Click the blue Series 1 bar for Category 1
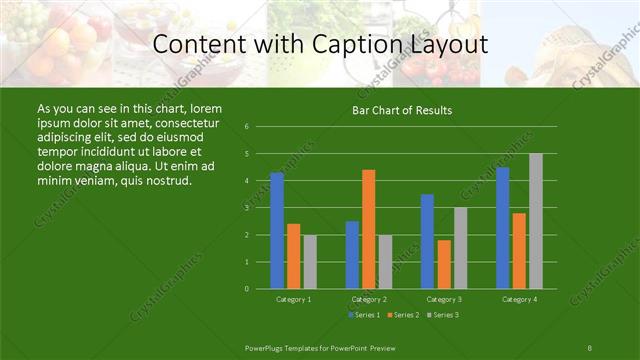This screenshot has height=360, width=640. point(277,230)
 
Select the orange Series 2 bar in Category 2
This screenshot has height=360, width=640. point(369,229)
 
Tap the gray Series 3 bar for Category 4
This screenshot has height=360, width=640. point(536,221)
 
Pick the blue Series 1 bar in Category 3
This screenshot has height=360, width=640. point(427,241)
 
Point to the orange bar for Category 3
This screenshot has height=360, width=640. point(444,264)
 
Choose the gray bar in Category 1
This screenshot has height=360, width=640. point(310,261)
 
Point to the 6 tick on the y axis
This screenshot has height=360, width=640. point(247,127)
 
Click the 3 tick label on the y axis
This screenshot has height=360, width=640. point(247,208)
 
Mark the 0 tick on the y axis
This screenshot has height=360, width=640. point(247,289)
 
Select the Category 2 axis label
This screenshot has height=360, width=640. point(369,299)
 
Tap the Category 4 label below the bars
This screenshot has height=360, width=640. point(519,299)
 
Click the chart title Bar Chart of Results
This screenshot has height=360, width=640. point(402,110)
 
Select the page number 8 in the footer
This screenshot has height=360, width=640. point(590,347)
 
